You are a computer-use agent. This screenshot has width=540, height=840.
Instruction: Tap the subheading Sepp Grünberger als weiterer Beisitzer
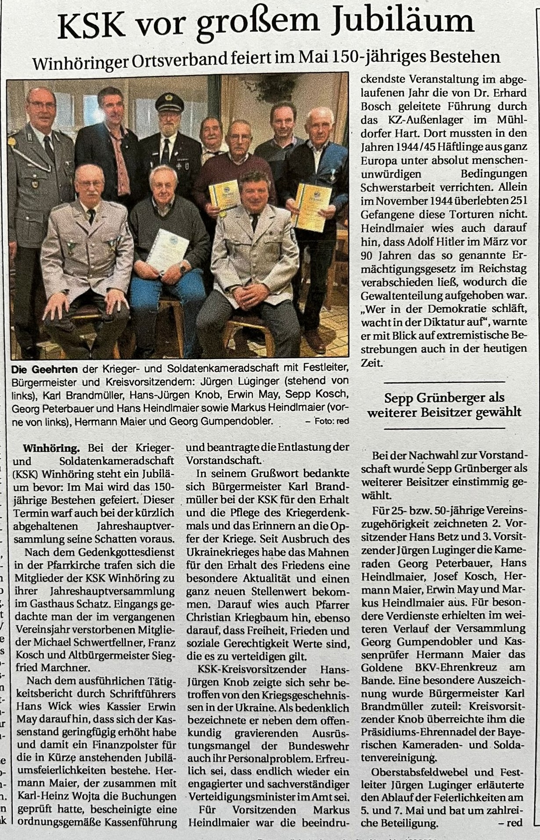pyautogui.click(x=444, y=405)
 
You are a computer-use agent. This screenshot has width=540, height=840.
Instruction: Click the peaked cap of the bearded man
pyautogui.click(x=169, y=102)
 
